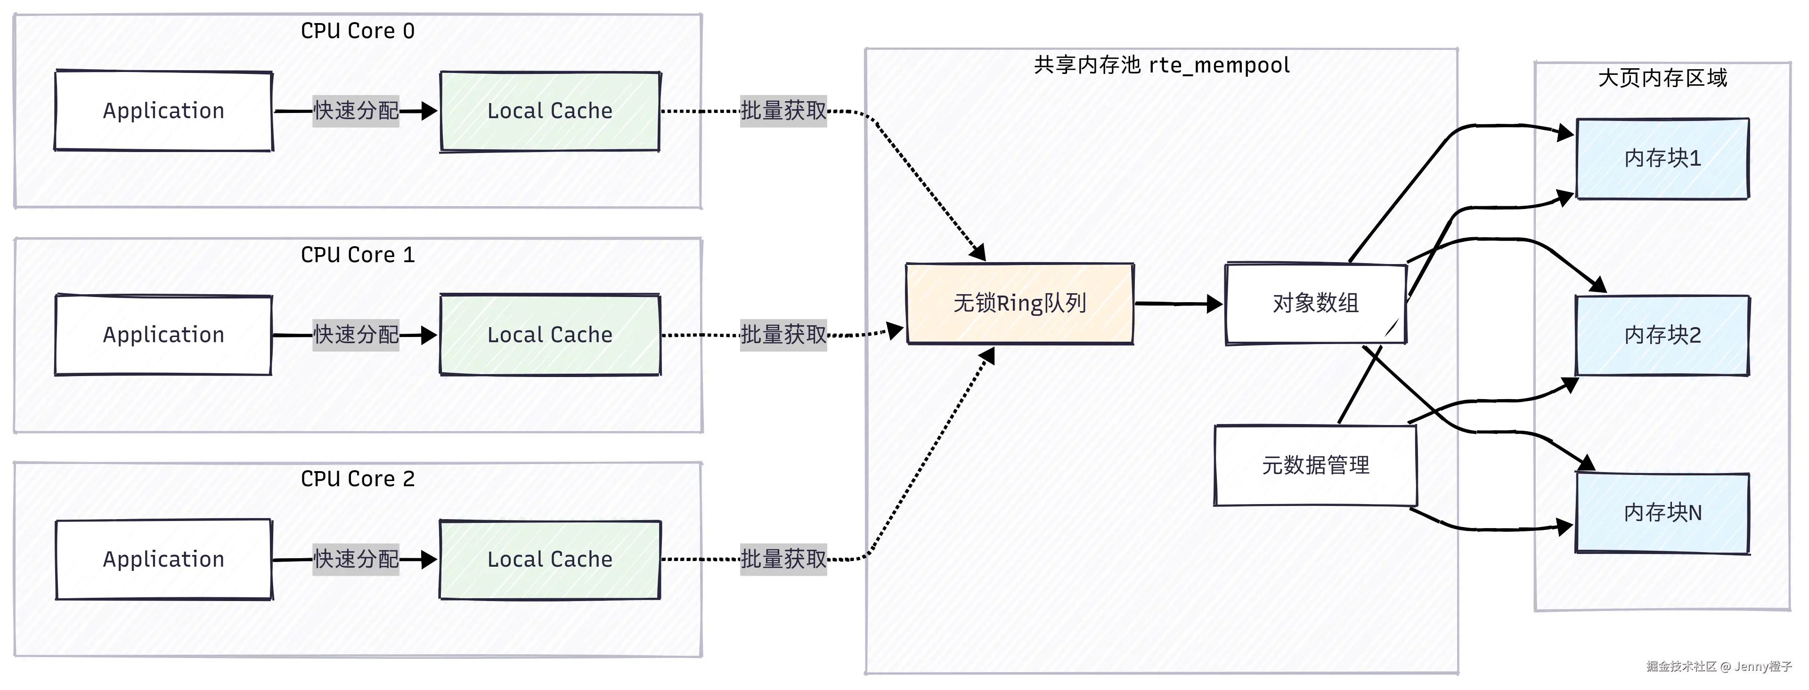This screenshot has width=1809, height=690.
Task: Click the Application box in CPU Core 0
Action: (x=163, y=111)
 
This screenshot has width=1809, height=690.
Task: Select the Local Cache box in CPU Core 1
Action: (x=550, y=335)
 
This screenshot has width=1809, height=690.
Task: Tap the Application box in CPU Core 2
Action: (x=163, y=560)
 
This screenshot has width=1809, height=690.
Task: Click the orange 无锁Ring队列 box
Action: (x=1019, y=303)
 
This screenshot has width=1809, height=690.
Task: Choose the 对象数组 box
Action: (x=1315, y=303)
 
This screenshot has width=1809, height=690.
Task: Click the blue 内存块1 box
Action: (x=1662, y=159)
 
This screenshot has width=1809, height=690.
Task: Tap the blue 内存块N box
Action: (x=1662, y=513)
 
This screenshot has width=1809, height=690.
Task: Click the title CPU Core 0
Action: (x=358, y=31)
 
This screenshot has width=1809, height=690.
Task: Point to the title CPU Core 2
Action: (x=358, y=479)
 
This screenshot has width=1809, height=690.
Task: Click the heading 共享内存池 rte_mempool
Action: (x=1162, y=65)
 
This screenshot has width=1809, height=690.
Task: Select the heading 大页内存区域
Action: (x=1662, y=78)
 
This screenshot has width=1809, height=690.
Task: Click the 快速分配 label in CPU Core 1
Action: (x=356, y=335)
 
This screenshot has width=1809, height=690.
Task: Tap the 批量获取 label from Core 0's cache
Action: (x=783, y=111)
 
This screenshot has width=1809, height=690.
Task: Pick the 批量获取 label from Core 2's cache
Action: (x=783, y=560)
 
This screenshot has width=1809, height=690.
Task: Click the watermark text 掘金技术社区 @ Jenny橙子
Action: (x=1719, y=666)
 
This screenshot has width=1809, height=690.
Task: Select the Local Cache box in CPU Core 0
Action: (x=550, y=111)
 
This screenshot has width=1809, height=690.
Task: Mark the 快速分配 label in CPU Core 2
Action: (x=356, y=560)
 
